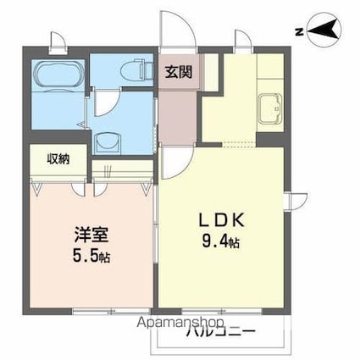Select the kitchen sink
(x=271, y=108)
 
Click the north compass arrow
(x=325, y=32)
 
